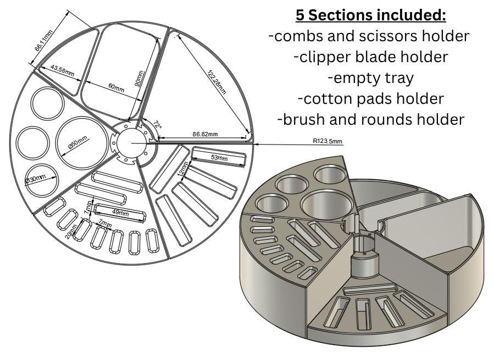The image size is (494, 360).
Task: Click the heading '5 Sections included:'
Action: coord(370,14)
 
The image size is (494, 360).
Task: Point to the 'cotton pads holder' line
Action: coord(370,98)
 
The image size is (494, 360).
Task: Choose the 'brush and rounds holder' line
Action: coord(370,119)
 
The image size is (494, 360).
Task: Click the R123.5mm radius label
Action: coord(328,141)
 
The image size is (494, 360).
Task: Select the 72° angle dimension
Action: coord(158,125)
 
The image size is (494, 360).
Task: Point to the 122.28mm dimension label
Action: coord(217,81)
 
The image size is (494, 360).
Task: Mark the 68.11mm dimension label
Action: coord(44,41)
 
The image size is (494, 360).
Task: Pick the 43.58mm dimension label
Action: coord(62,70)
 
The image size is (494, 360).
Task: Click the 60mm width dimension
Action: coord(116,87)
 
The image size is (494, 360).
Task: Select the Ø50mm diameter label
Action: coord(78,141)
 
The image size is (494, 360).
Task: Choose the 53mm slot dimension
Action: coord(219,158)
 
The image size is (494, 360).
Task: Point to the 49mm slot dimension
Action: coord(120,213)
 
